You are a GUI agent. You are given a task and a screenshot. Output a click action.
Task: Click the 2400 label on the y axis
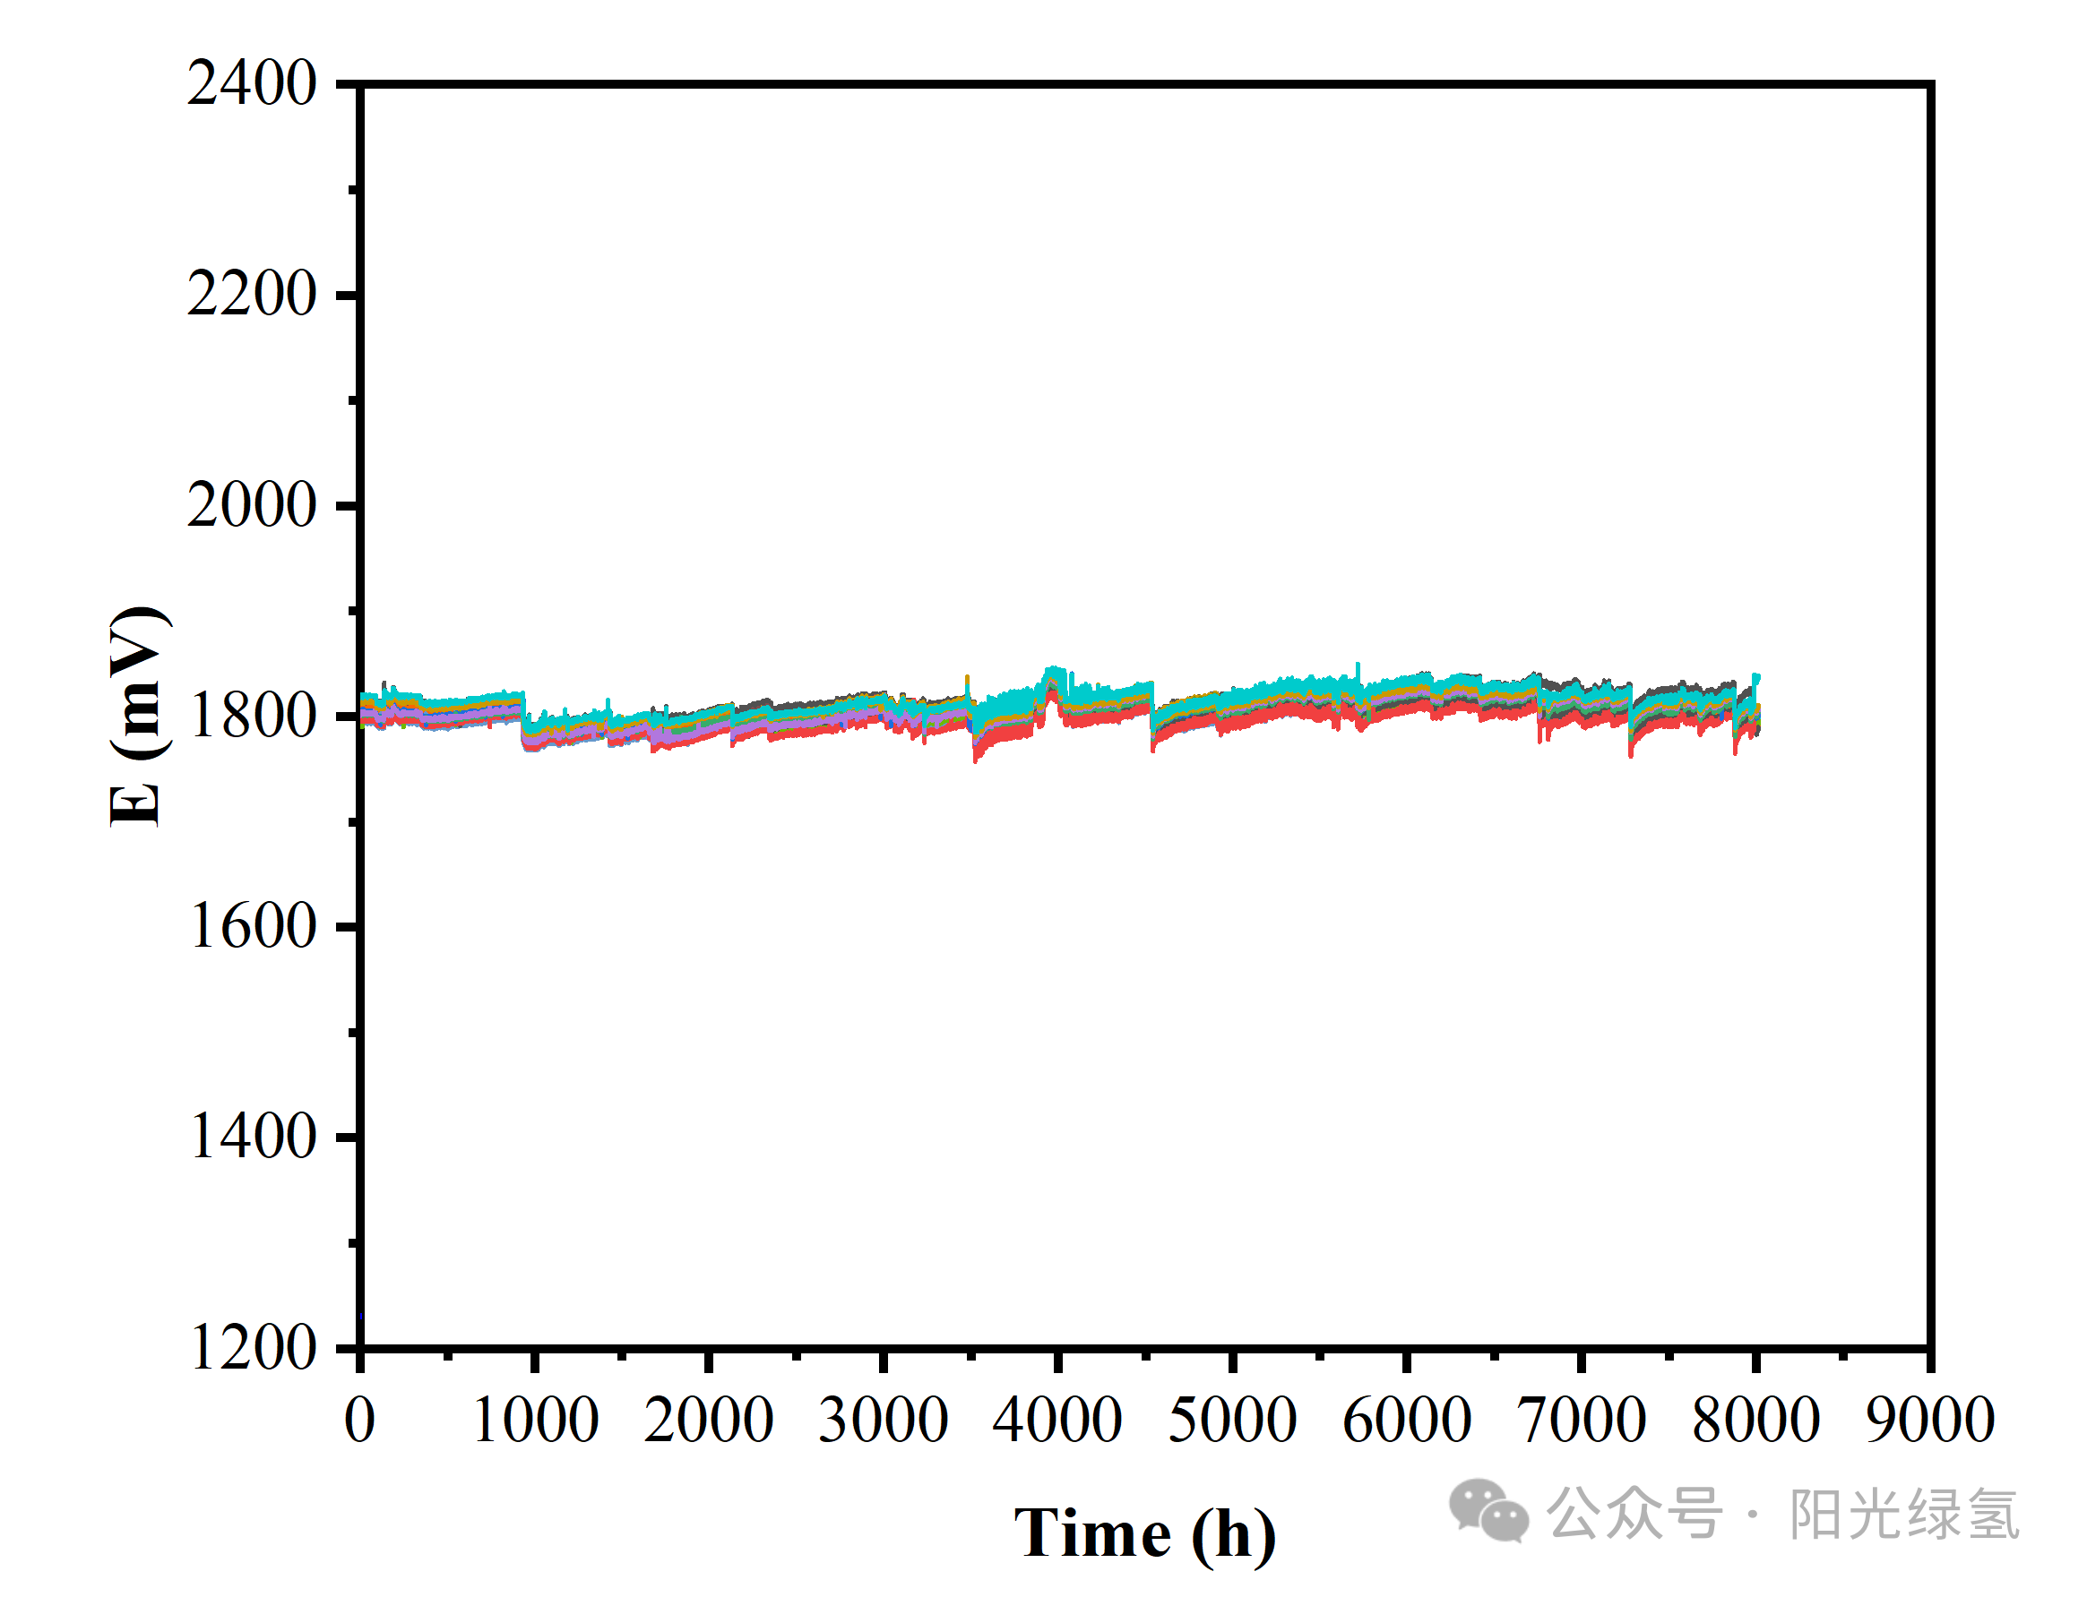(x=251, y=83)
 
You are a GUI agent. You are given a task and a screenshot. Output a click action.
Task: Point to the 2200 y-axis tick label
(x=251, y=294)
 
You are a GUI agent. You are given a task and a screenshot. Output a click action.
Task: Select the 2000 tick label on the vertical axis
(x=251, y=505)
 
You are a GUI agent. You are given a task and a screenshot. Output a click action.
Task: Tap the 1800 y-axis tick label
(x=253, y=716)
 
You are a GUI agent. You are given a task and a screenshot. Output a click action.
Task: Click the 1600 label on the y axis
(x=253, y=926)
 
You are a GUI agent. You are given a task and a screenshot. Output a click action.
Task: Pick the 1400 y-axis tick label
(x=253, y=1137)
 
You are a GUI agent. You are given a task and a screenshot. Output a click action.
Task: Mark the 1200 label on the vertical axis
(x=253, y=1348)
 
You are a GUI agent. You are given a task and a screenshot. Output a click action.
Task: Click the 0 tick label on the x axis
(x=359, y=1421)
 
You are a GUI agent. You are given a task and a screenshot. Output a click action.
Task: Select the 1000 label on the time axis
(x=534, y=1421)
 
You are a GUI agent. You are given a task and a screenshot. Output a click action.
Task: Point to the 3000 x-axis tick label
(x=884, y=1421)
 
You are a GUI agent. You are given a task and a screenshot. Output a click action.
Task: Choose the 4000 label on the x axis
(x=1057, y=1421)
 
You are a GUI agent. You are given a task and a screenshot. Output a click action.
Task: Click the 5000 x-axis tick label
(x=1232, y=1421)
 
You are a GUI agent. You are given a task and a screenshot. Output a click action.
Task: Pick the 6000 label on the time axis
(x=1406, y=1421)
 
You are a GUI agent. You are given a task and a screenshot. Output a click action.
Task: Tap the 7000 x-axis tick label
(x=1582, y=1421)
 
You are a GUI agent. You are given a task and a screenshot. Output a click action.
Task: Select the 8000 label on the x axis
(x=1755, y=1421)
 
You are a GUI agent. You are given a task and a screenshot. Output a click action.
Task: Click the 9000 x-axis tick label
(x=1929, y=1421)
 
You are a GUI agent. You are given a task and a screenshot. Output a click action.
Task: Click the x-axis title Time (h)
(x=1145, y=1534)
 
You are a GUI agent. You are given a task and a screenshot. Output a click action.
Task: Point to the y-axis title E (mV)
(x=137, y=716)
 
